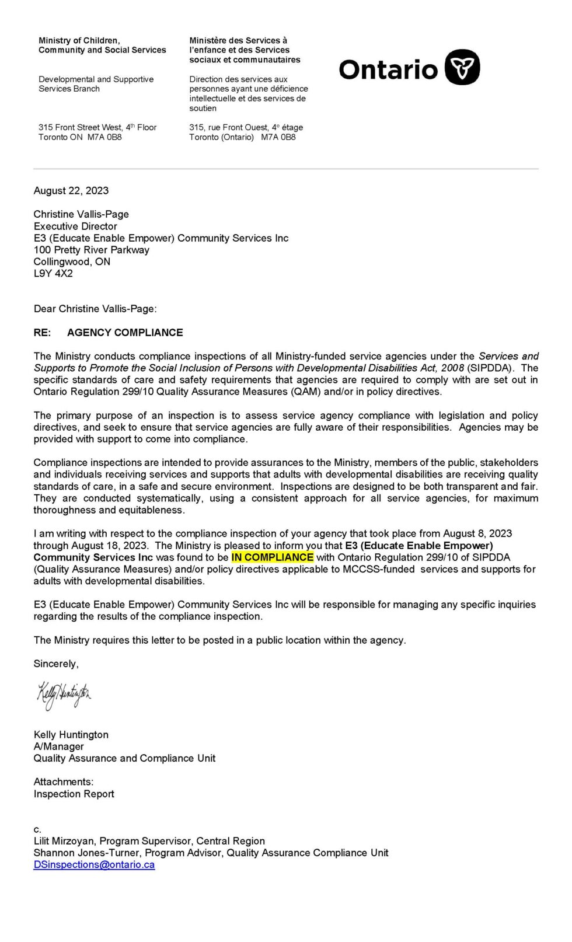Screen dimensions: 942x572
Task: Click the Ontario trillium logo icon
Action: pyautogui.click(x=462, y=67)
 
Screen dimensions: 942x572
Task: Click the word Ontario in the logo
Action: pyautogui.click(x=388, y=69)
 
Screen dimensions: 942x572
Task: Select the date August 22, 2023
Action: pyautogui.click(x=71, y=191)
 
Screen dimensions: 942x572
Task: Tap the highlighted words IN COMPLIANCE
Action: pyautogui.click(x=272, y=557)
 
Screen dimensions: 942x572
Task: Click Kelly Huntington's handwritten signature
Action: pyautogui.click(x=64, y=695)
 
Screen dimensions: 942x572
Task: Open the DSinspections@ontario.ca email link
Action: pyautogui.click(x=94, y=865)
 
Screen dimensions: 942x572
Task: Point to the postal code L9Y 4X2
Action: pyautogui.click(x=53, y=274)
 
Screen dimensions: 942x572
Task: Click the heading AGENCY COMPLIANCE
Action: pyautogui.click(x=125, y=333)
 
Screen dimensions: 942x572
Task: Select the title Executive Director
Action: pyautogui.click(x=75, y=226)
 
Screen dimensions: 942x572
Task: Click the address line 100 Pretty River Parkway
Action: pyautogui.click(x=92, y=250)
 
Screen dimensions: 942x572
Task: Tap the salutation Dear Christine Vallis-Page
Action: pyautogui.click(x=95, y=309)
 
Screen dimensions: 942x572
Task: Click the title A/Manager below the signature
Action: pyautogui.click(x=59, y=746)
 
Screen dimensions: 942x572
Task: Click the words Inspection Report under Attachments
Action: pyautogui.click(x=74, y=794)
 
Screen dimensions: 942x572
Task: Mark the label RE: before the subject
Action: pyautogui.click(x=42, y=333)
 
